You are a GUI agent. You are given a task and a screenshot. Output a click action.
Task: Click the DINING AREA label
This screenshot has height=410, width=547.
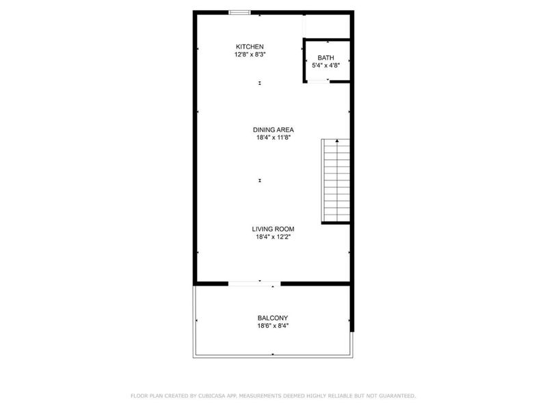coord(273,130)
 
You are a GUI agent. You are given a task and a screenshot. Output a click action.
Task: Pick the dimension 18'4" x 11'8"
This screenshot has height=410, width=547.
coord(273,137)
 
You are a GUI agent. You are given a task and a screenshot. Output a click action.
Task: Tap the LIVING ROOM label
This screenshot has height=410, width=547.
coord(273,230)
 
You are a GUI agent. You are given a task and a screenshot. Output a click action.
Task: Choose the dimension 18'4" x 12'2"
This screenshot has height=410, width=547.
coord(273,238)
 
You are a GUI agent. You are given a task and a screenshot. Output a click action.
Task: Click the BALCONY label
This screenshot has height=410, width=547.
coord(272,318)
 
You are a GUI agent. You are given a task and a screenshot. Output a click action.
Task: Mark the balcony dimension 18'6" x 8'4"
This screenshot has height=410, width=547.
coord(272,326)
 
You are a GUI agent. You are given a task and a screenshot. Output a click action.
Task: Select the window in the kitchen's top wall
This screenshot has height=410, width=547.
coord(239,12)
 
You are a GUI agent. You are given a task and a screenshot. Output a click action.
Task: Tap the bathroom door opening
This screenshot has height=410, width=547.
coord(317,81)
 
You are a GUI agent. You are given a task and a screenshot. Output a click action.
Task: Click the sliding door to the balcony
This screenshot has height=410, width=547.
coord(254,283)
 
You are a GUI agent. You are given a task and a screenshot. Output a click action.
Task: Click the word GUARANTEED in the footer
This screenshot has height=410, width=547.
coord(395,396)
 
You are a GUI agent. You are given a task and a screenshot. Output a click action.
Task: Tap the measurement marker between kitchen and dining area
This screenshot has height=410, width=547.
coord(260,83)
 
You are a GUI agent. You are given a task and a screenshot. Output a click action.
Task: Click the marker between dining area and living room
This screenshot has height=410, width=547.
coord(260,180)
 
